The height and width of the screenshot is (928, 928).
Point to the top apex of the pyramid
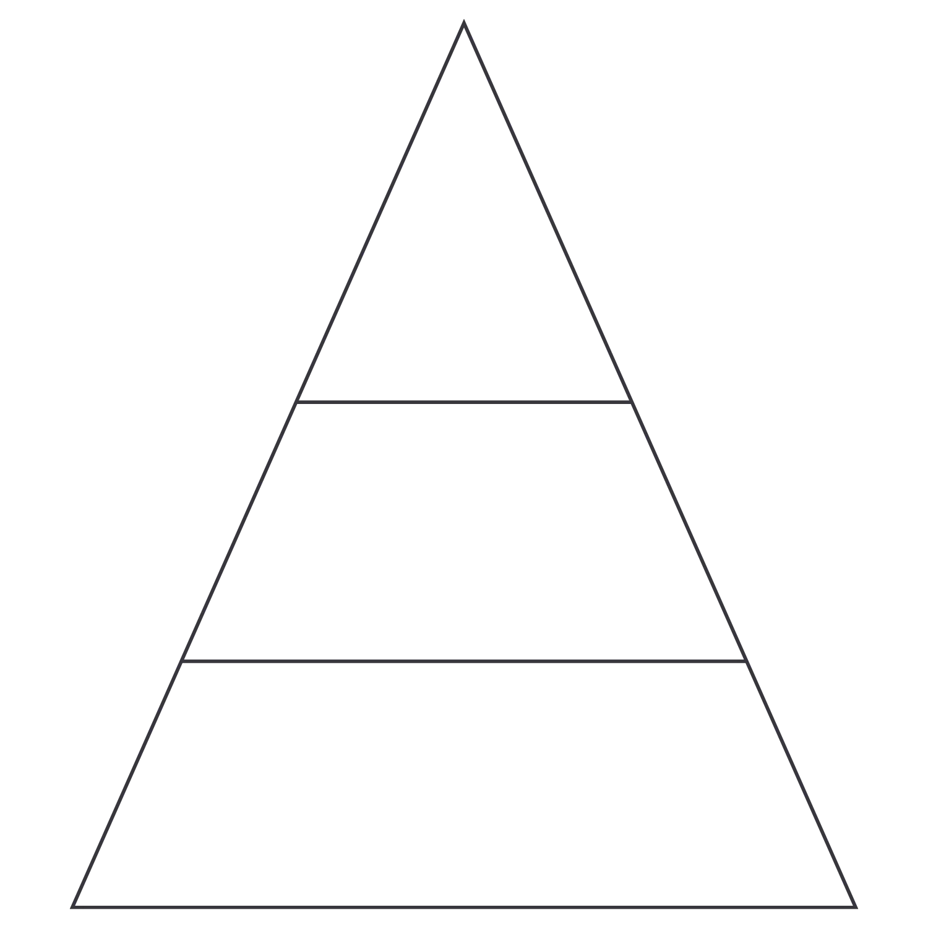[x=463, y=24]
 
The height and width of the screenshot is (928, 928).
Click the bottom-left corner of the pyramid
[x=74, y=906]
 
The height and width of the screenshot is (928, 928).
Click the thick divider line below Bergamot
[x=463, y=402]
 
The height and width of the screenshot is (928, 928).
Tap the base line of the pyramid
[x=463, y=908]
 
